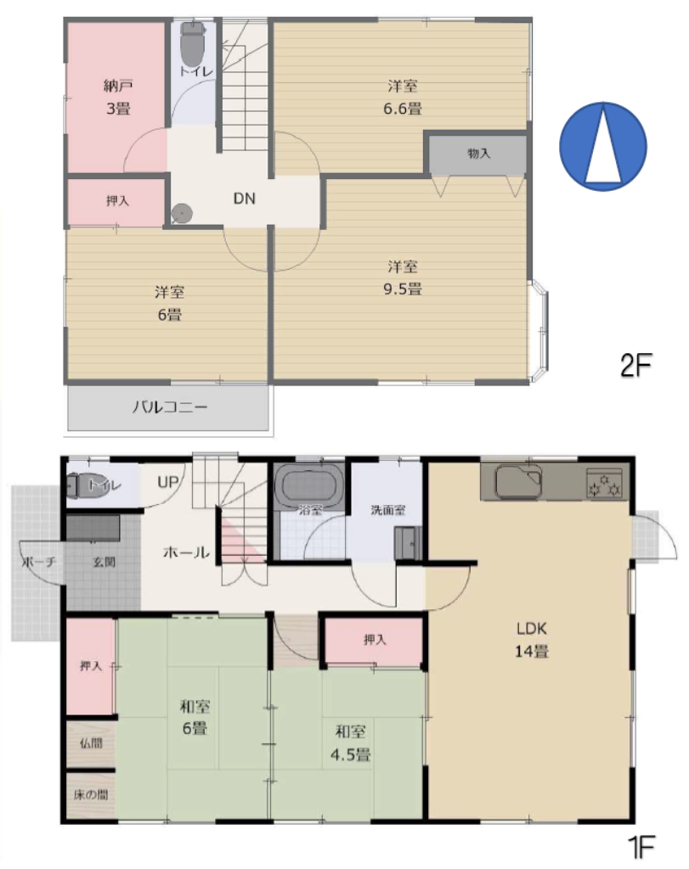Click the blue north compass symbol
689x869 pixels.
tap(603, 146)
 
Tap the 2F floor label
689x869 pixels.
tap(635, 365)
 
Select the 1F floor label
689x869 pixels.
tap(641, 847)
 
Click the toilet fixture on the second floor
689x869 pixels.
tap(193, 44)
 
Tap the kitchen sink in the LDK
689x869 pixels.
tap(519, 481)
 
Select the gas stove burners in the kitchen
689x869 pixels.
tap(605, 483)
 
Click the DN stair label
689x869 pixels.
tap(244, 199)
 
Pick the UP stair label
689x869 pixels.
tap(168, 482)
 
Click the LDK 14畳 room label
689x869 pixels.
tap(532, 640)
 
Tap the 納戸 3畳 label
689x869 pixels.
tap(118, 97)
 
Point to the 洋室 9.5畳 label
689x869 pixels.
tap(403, 278)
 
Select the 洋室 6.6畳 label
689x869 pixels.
tap(403, 97)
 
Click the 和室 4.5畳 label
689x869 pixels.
tap(351, 743)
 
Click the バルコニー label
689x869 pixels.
tap(170, 407)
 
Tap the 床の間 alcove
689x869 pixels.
tap(91, 794)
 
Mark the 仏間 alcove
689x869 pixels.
tap(91, 743)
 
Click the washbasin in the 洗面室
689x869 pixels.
tap(408, 542)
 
